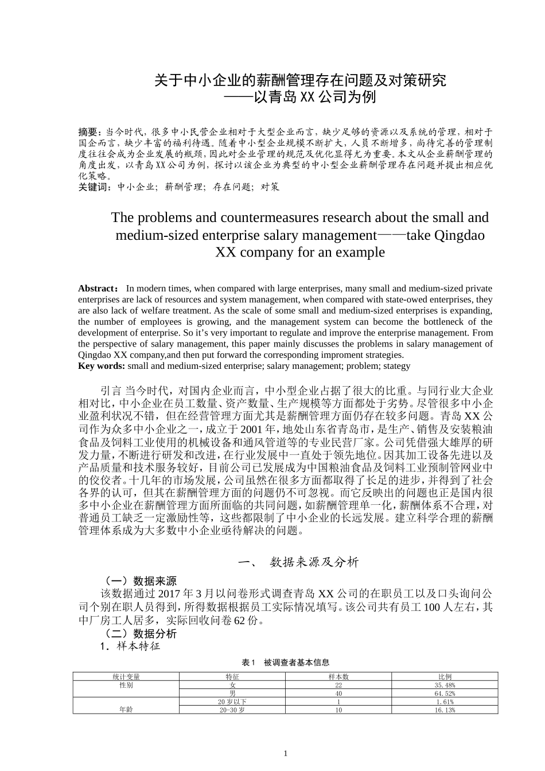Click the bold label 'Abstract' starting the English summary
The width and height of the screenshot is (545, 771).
pyautogui.click(x=98, y=289)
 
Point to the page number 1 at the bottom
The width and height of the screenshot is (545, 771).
pyautogui.click(x=285, y=753)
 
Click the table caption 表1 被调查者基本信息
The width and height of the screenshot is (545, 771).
pyautogui.click(x=285, y=663)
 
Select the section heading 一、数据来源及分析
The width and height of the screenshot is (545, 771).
pyautogui.click(x=298, y=562)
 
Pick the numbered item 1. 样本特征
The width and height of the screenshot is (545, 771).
pyautogui.click(x=130, y=647)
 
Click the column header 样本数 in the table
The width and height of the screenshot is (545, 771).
pyautogui.click(x=338, y=677)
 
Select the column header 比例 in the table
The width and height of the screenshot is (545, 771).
pyautogui.click(x=445, y=677)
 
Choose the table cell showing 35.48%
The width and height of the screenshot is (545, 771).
pyautogui.click(x=445, y=685)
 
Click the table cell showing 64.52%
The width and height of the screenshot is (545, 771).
pyautogui.click(x=445, y=693)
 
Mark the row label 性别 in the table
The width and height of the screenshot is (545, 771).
pyautogui.click(x=126, y=685)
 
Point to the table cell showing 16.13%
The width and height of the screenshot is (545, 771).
pyautogui.click(x=445, y=710)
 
